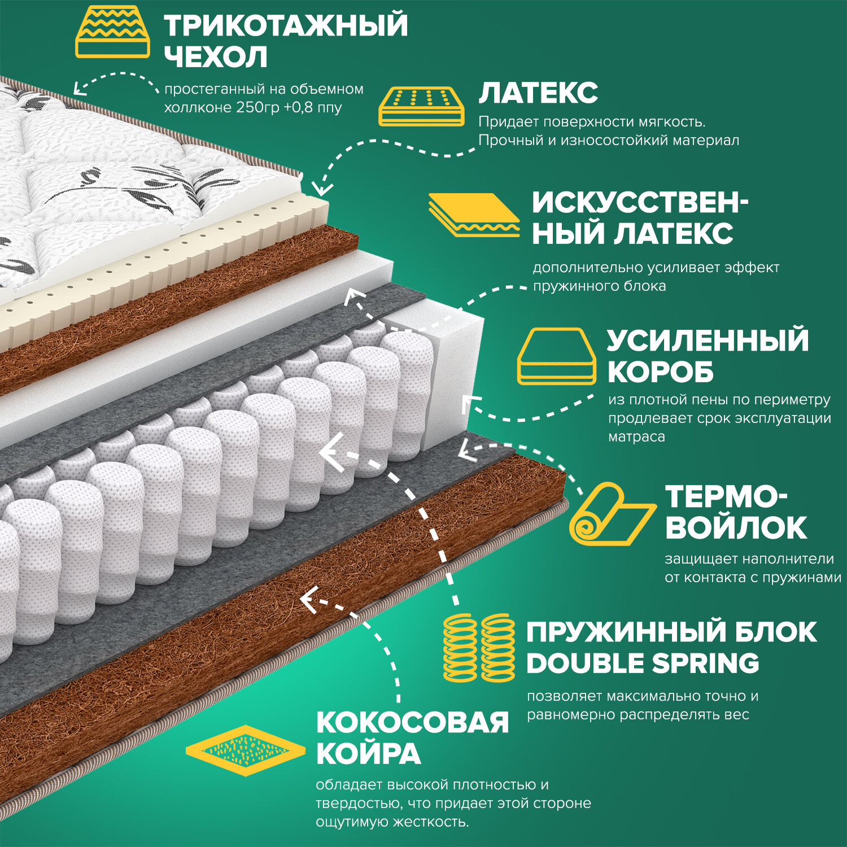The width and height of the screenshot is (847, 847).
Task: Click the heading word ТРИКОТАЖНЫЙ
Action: click(x=286, y=26)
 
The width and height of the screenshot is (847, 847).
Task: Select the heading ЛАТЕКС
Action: click(x=538, y=93)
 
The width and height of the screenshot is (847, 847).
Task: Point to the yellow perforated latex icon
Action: click(x=421, y=106)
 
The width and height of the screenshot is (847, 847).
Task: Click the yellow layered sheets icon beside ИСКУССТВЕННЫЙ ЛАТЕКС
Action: click(x=473, y=215)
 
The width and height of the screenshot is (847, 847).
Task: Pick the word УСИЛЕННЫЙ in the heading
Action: click(x=708, y=340)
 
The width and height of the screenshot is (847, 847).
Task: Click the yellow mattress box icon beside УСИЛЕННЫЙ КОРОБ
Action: click(x=557, y=356)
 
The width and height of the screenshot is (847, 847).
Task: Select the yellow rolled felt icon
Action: click(x=610, y=514)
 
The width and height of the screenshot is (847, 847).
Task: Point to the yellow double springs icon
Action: click(x=479, y=648)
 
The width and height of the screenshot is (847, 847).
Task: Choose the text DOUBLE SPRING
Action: click(x=643, y=663)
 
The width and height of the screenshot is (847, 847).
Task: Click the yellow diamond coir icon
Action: click(x=245, y=750)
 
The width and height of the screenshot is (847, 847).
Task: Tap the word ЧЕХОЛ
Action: click(x=216, y=57)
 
